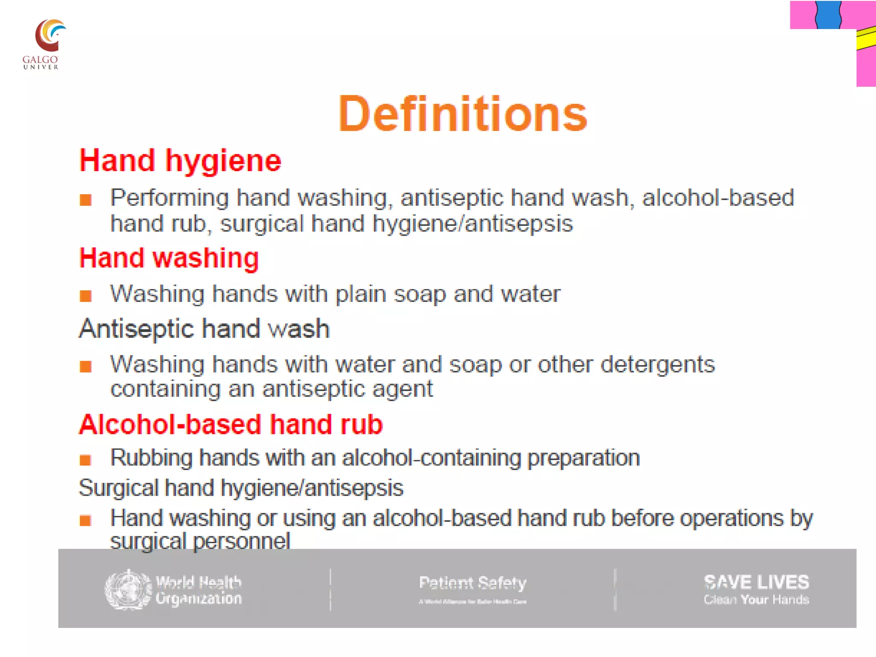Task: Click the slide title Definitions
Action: click(462, 114)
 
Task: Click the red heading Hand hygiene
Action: click(180, 161)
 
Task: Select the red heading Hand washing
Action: click(169, 258)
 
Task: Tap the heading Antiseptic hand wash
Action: click(204, 329)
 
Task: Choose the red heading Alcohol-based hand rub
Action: click(231, 425)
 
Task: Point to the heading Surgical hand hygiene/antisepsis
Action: click(241, 488)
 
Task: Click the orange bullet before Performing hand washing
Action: click(86, 200)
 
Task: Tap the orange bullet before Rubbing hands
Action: click(86, 460)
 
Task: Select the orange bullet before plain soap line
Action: click(86, 296)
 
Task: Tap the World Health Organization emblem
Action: click(128, 589)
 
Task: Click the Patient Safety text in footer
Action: click(472, 583)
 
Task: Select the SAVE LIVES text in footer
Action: click(756, 582)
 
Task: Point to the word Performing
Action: click(169, 198)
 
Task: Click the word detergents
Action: click(657, 365)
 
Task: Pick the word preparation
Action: click(583, 458)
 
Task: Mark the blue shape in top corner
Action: click(828, 15)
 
